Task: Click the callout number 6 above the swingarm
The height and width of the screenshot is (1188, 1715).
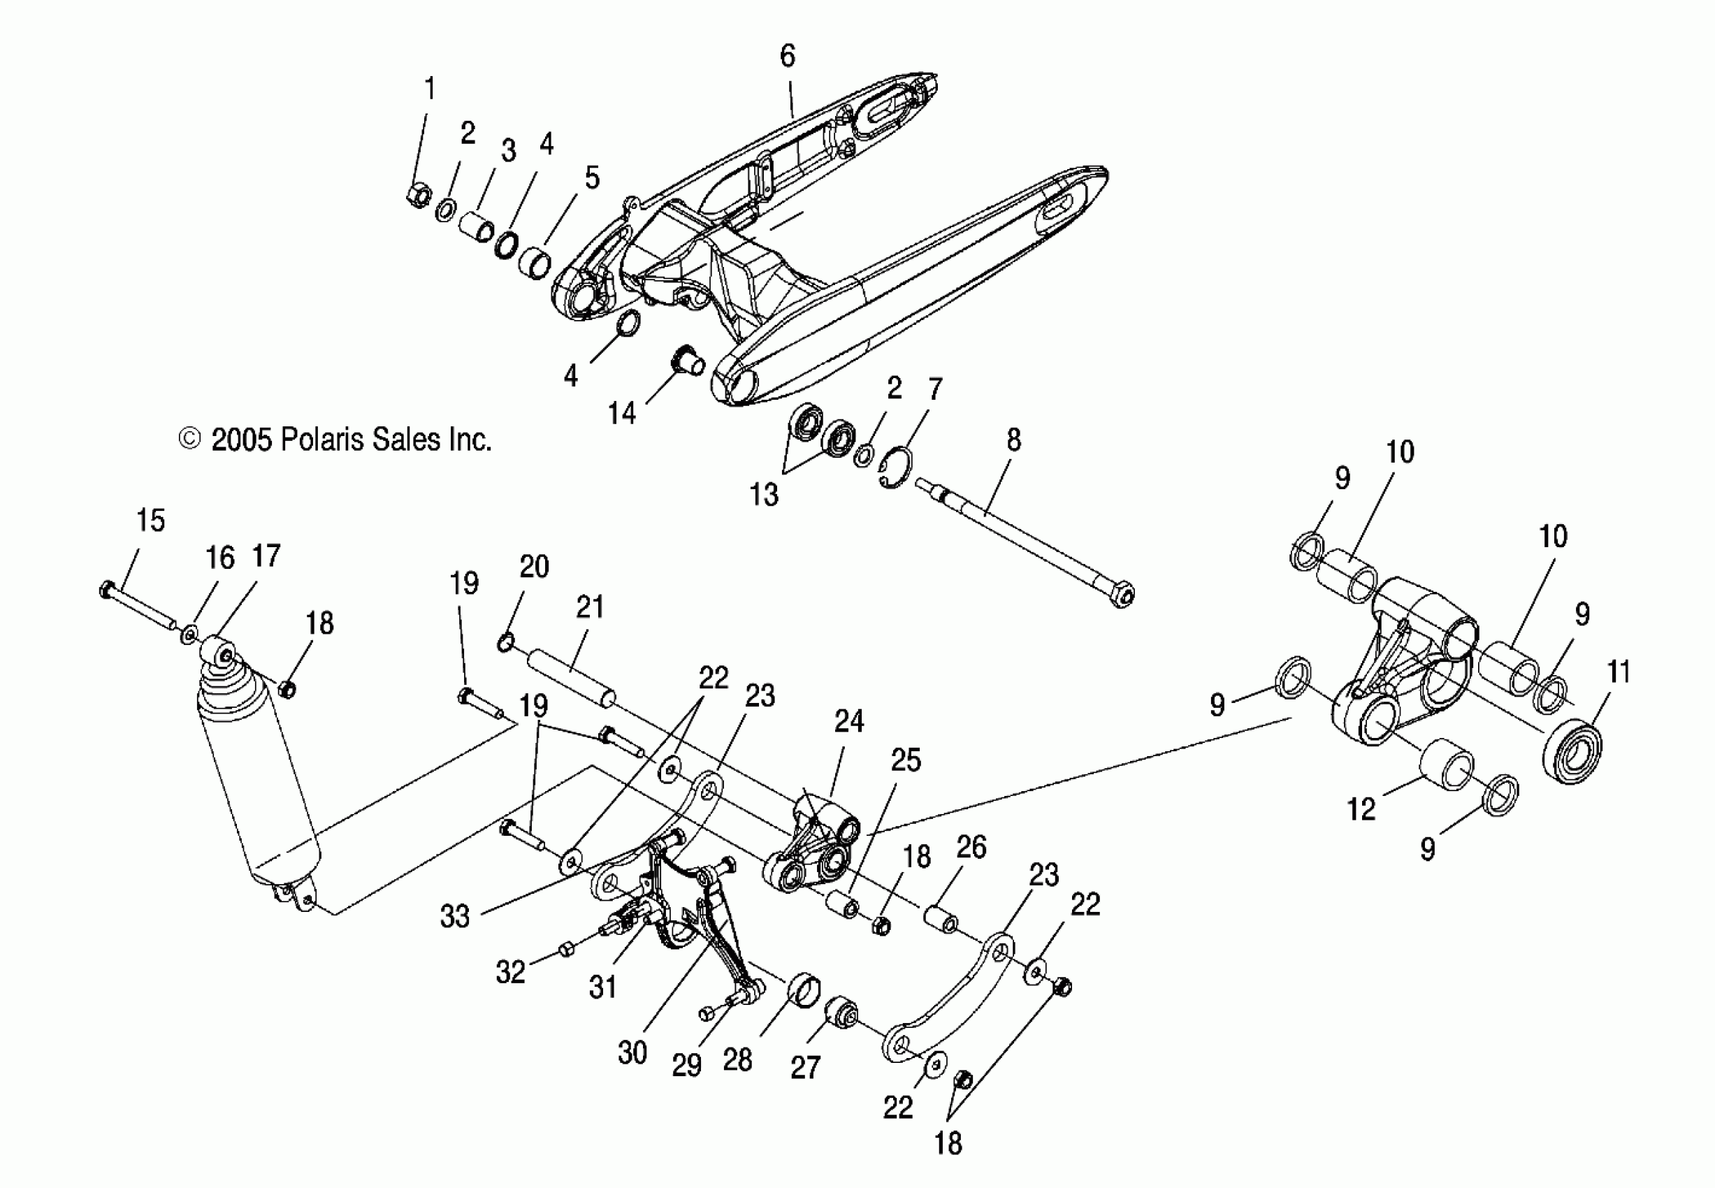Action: [x=788, y=56]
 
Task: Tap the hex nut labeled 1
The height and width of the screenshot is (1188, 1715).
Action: [x=419, y=196]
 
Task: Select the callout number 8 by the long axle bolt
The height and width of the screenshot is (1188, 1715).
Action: [x=1013, y=440]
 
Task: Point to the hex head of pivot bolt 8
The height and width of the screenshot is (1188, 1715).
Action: [x=1122, y=595]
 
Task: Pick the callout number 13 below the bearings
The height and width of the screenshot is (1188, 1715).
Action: [x=764, y=495]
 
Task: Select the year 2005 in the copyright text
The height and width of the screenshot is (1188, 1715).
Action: [x=241, y=440]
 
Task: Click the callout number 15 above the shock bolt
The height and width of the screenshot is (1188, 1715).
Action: [x=150, y=521]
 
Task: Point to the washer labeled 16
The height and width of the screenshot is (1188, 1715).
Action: [x=190, y=635]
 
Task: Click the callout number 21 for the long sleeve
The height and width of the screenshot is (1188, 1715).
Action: [x=590, y=607]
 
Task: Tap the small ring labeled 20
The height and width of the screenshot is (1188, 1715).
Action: [x=505, y=641]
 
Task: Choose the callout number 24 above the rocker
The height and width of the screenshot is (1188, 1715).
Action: [x=848, y=721]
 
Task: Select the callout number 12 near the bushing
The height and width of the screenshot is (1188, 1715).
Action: [x=1361, y=809]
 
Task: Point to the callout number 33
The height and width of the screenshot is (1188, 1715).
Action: [x=454, y=916]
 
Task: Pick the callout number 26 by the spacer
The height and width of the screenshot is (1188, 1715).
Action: [x=971, y=847]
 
